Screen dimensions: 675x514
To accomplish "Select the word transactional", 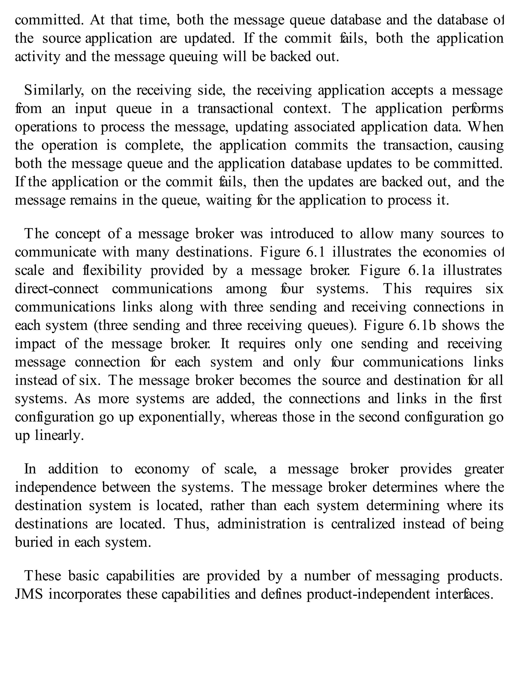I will (x=235, y=109).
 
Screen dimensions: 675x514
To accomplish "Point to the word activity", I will (x=37, y=57).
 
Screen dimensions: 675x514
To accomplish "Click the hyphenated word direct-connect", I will (x=57, y=289).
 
